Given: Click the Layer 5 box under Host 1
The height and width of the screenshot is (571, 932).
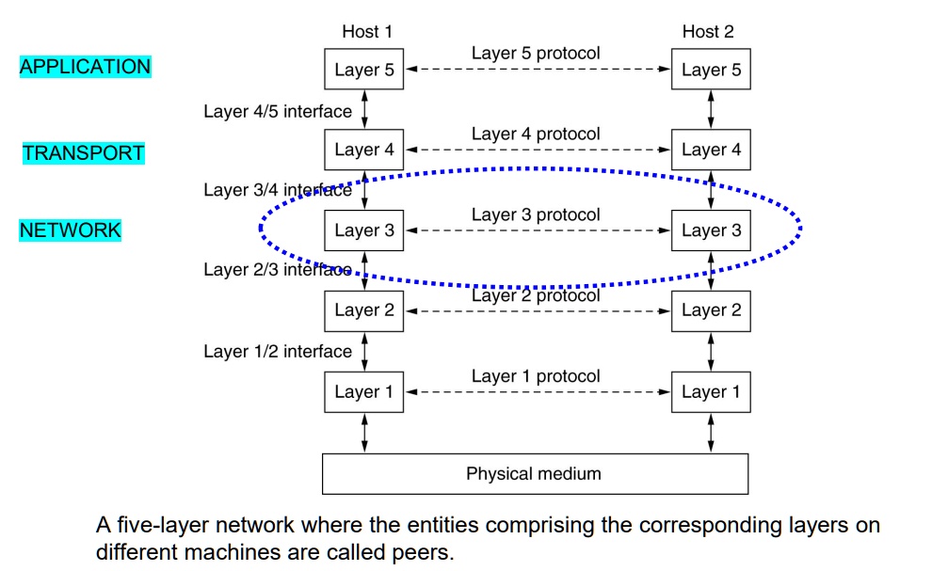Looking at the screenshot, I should pyautogui.click(x=363, y=70).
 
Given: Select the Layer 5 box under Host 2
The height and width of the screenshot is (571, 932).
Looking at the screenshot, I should pyautogui.click(x=711, y=70).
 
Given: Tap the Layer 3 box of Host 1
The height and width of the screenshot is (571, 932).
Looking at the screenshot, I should pyautogui.click(x=363, y=230).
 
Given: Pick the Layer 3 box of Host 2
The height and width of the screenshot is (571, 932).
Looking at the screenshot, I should pyautogui.click(x=711, y=230).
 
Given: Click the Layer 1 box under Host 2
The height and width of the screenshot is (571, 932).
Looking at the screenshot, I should pyautogui.click(x=711, y=391).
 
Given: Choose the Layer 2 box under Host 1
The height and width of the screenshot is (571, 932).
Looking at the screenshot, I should pyautogui.click(x=363, y=310).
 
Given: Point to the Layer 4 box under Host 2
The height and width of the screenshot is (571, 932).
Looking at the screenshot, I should pyautogui.click(x=711, y=150).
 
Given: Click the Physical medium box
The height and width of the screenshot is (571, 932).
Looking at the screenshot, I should pyautogui.click(x=535, y=474).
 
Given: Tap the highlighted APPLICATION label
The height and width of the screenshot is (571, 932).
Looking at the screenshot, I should pyautogui.click(x=85, y=67).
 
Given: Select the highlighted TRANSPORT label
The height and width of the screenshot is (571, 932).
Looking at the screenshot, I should pyautogui.click(x=84, y=153).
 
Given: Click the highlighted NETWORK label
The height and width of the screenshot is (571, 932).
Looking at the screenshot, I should pyautogui.click(x=71, y=230).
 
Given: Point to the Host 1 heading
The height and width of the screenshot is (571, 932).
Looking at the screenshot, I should pyautogui.click(x=367, y=31).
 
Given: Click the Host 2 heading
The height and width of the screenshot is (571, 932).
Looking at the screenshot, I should pyautogui.click(x=708, y=31).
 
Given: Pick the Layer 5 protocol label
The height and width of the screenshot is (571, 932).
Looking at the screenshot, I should pyautogui.click(x=536, y=54).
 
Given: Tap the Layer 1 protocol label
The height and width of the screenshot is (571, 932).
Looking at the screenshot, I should pyautogui.click(x=536, y=376).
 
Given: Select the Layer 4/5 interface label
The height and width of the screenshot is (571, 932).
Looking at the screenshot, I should pyautogui.click(x=278, y=111).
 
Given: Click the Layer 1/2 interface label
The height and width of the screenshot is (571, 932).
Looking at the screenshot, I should pyautogui.click(x=278, y=352).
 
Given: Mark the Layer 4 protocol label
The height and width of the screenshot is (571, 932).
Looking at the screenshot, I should pyautogui.click(x=536, y=135).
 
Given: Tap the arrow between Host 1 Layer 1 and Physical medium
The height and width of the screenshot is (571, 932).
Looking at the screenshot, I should pyautogui.click(x=364, y=433).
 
